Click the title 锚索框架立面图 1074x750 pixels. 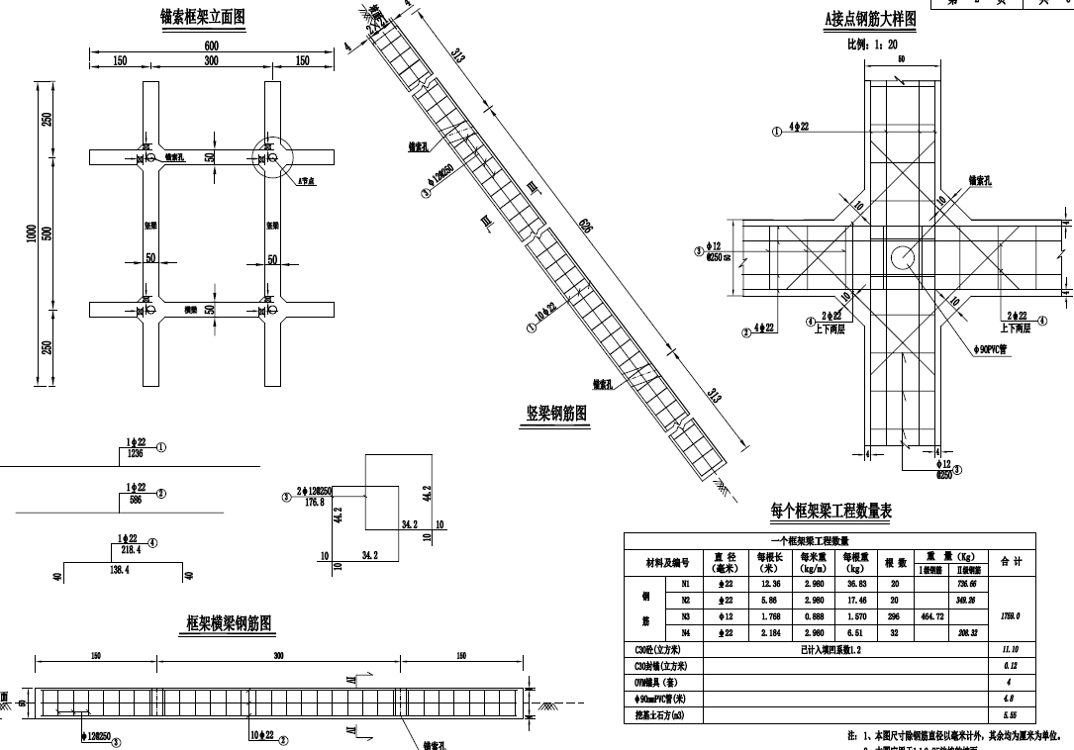coord(202,17)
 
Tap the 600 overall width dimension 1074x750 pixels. coord(211,46)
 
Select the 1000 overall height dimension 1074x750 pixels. coord(32,234)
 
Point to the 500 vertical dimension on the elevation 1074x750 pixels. coord(48,234)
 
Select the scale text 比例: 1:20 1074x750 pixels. coord(872,45)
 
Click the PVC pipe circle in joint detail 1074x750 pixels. coord(904,258)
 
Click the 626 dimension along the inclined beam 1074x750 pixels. coord(586,227)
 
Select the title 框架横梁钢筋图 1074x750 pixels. coord(231,622)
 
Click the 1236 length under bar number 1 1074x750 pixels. coord(136,454)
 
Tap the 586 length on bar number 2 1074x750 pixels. coord(136,501)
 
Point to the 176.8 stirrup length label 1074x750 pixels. coord(315,502)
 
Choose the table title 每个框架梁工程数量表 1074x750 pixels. coord(831,511)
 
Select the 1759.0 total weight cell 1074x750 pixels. coord(1011,616)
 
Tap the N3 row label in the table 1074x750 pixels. coord(685,616)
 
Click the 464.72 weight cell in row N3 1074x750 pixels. coord(932,616)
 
